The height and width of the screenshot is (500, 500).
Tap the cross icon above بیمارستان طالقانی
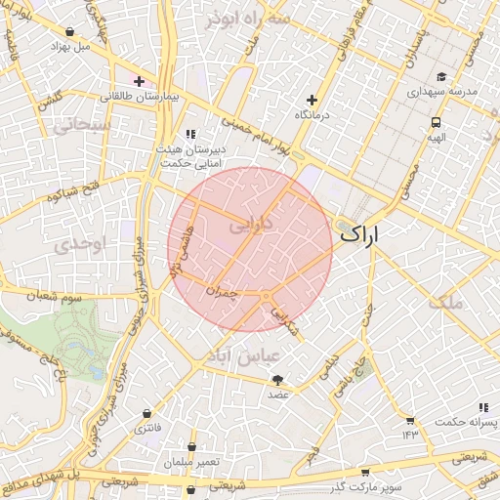[140, 82]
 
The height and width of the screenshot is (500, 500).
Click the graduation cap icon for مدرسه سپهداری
[441, 76]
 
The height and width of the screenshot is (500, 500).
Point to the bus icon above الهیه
[435, 123]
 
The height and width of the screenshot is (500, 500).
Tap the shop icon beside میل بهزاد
[50, 45]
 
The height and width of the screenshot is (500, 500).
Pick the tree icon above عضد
[278, 380]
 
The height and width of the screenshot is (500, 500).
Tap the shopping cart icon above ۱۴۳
[408, 420]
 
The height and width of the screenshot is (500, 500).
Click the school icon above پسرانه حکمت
[482, 407]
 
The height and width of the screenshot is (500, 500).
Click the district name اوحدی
[78, 243]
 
